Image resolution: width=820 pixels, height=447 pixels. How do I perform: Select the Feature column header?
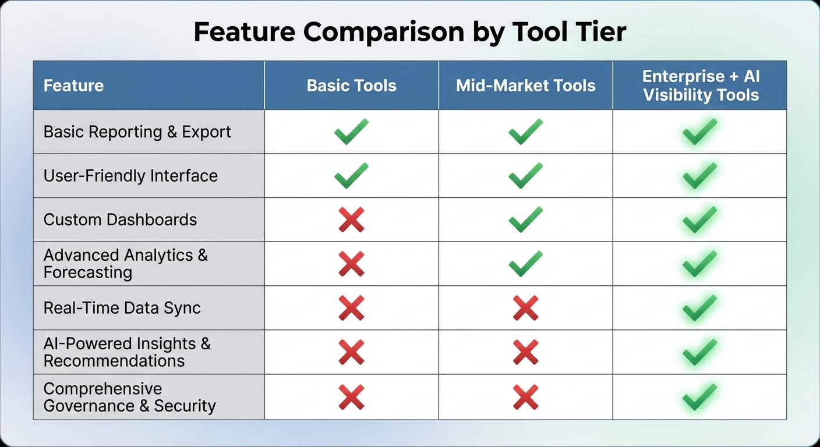73,86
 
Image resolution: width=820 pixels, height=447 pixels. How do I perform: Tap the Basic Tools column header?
351,86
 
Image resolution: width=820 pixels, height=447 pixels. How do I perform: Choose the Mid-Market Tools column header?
525,86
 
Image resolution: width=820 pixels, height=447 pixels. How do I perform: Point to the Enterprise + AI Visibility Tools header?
701,86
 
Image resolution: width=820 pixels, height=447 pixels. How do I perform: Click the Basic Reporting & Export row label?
137,132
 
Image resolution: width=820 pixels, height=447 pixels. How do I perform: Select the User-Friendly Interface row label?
130,176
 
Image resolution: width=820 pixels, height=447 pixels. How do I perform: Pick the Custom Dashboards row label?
120,220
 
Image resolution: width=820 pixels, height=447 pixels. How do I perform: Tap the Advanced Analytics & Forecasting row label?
125,264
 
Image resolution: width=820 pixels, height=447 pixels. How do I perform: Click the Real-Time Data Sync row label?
122,308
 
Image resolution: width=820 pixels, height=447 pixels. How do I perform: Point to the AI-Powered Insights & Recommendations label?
127,352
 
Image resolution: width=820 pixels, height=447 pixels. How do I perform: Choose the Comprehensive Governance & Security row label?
129,397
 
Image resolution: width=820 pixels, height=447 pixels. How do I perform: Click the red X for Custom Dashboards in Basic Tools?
351,220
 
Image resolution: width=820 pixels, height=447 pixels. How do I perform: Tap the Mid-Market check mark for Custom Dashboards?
525,220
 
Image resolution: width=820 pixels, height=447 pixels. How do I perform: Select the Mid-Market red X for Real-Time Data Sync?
525,308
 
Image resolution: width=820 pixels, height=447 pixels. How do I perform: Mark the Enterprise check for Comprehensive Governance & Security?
699,397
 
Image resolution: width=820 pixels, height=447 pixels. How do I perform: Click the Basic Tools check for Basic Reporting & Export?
351,132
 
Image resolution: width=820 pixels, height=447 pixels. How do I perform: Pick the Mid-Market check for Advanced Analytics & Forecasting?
525,264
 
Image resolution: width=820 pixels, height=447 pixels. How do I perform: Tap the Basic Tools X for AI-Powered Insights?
351,352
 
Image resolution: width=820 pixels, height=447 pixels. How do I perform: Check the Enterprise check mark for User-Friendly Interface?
699,176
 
